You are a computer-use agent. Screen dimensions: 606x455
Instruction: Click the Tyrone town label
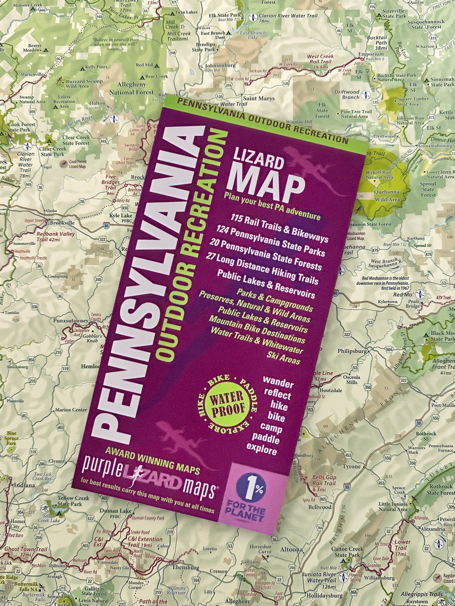(x=352, y=466)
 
